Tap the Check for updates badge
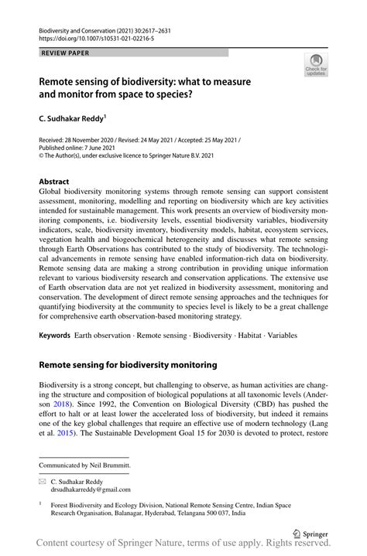tap(315, 67)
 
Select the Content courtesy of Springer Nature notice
tap(183, 546)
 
